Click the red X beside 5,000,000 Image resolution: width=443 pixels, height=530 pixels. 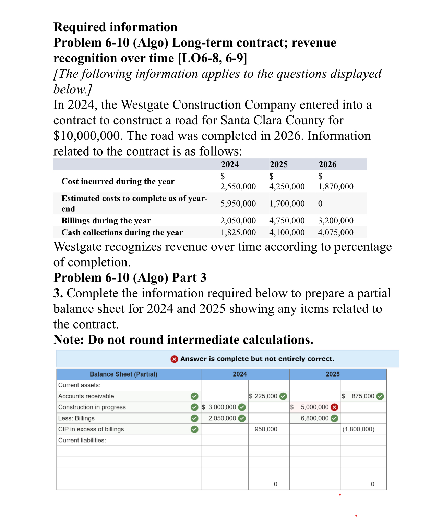point(334,407)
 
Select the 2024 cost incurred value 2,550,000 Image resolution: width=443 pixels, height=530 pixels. point(238,186)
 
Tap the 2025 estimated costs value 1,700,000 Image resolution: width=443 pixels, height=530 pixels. point(287,204)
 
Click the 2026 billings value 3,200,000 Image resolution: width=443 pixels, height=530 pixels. point(335,220)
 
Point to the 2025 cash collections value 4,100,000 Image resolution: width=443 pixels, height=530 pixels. point(287,232)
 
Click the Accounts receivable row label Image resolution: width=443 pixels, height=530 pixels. point(86,396)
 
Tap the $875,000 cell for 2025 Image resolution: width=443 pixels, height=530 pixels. point(362,396)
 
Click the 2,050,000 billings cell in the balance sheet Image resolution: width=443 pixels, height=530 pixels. point(222,418)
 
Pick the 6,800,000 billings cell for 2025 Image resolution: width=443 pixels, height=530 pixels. point(314,418)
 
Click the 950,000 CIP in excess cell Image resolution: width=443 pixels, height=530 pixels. point(266,429)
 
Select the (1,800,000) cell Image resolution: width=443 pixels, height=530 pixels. point(358,429)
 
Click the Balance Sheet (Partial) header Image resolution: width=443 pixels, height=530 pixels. point(123,374)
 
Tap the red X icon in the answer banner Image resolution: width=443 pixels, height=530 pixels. point(174,359)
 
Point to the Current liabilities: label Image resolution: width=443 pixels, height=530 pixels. point(82,440)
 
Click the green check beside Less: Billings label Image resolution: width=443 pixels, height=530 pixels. point(194,418)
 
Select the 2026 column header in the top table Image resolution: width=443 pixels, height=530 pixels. point(327,164)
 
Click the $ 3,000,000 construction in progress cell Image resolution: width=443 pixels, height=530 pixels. point(222,407)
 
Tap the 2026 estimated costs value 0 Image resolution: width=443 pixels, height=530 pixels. point(320,204)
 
